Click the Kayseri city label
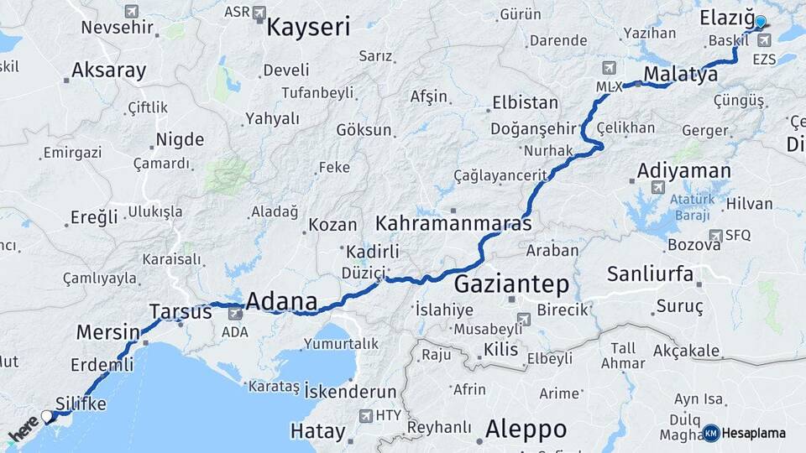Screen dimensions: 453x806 [308, 27]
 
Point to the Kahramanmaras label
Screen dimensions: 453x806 [453, 224]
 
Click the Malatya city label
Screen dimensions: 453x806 [680, 74]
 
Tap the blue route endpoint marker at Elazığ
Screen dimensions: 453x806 [761, 22]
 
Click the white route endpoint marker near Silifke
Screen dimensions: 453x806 [47, 416]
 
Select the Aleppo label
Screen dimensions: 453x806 [526, 430]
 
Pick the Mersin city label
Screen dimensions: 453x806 [107, 332]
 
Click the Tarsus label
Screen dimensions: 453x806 [181, 312]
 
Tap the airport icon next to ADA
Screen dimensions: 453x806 [234, 314]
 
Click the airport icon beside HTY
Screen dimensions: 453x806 [366, 415]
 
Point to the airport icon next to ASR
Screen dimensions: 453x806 [259, 13]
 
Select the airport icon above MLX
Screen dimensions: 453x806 [609, 68]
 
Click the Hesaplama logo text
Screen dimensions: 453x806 [753, 434]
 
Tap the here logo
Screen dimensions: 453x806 [24, 428]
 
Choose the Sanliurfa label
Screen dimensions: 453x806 [650, 273]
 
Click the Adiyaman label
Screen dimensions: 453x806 [683, 170]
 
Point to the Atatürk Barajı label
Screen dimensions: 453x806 [693, 206]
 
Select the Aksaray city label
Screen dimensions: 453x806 [108, 70]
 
